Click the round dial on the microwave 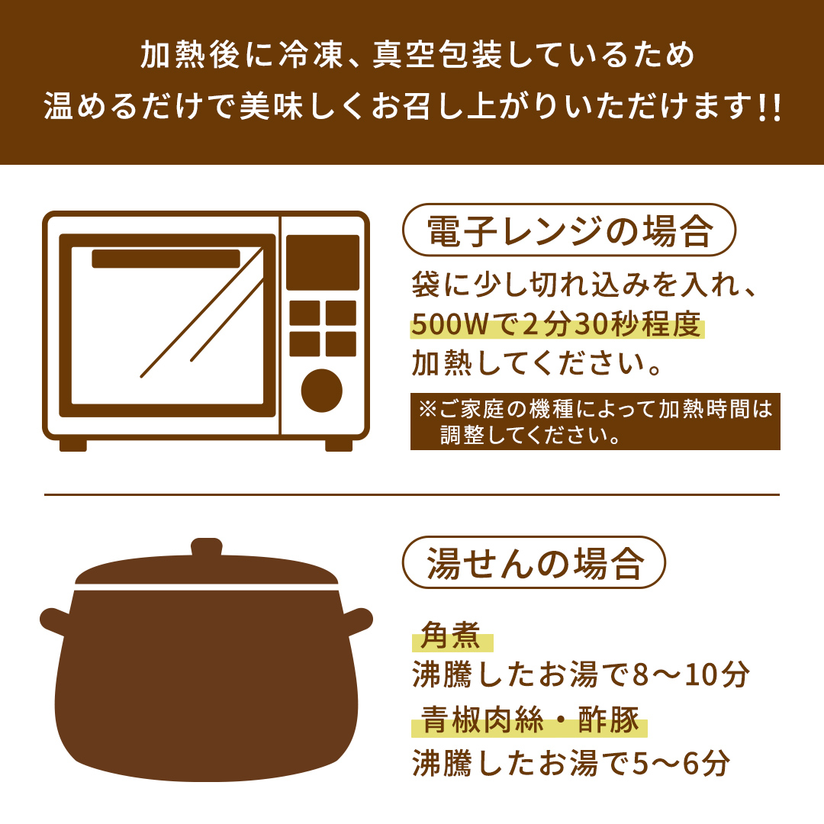click(322, 391)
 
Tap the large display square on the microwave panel click(323, 262)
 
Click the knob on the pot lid click(207, 548)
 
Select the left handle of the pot click(55, 622)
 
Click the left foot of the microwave click(73, 446)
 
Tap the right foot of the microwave click(339, 446)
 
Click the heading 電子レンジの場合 click(570, 230)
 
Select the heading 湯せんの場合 click(535, 563)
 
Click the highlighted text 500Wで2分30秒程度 click(556, 323)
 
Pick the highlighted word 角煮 click(451, 636)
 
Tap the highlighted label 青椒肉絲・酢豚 click(529, 719)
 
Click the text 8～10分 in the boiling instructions click(691, 674)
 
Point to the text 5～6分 click(681, 762)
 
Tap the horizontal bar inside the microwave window click(166, 259)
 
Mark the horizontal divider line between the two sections click(412, 494)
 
